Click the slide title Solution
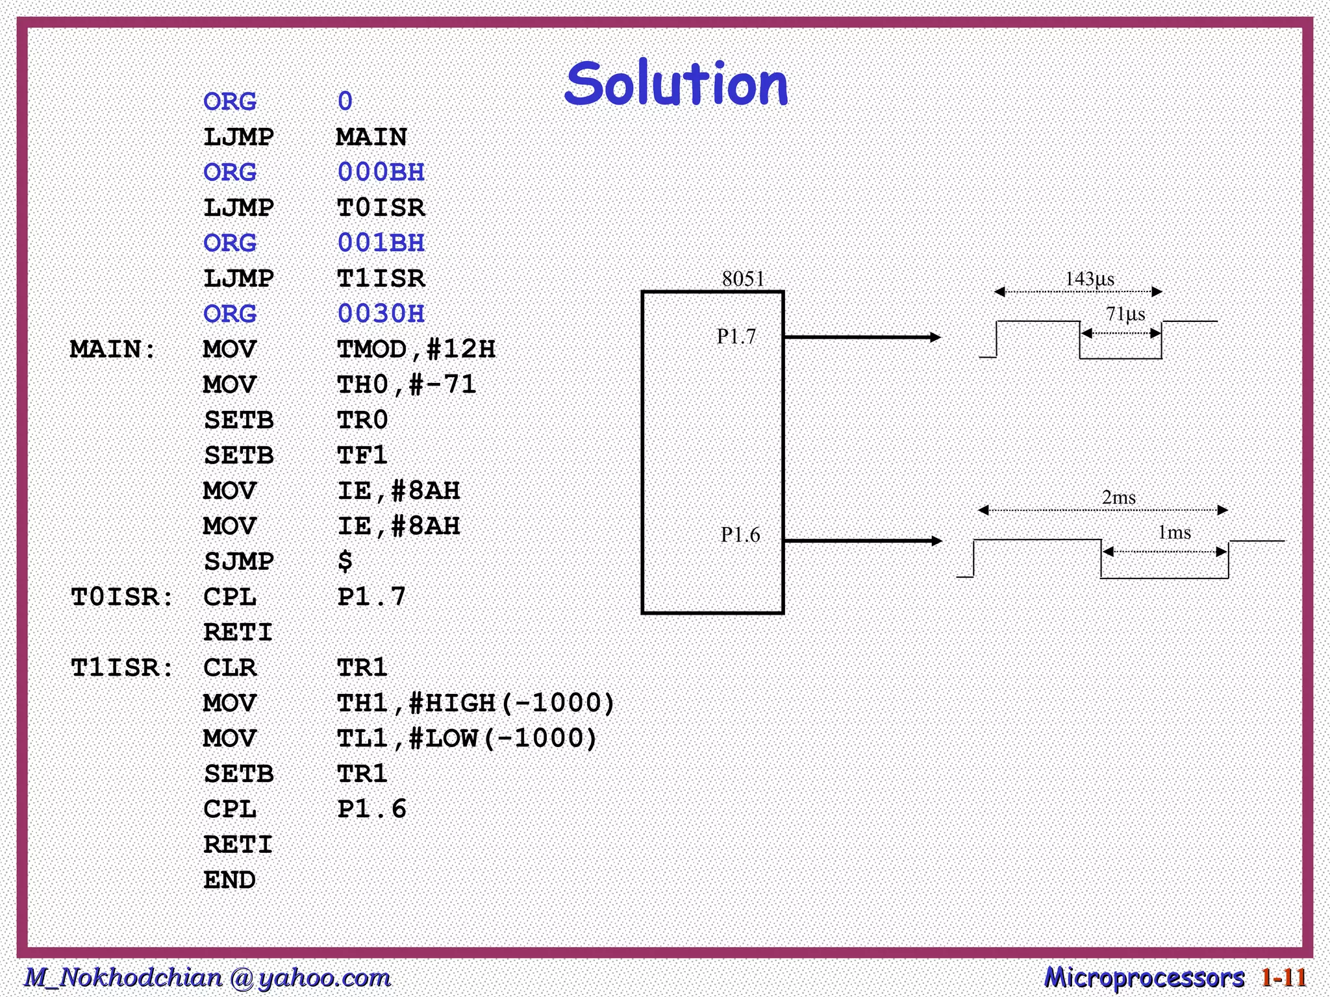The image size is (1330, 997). tap(676, 84)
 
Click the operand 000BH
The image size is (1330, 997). tap(381, 172)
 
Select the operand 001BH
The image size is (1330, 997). tap(381, 243)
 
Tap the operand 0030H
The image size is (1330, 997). tap(381, 314)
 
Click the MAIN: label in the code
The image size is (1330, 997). tap(113, 349)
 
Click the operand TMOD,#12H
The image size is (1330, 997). tap(416, 349)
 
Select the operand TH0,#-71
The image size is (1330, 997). tap(407, 385)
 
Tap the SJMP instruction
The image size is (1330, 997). tap(238, 561)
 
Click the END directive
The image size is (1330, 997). tap(229, 880)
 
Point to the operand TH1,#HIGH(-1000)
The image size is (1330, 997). tap(475, 703)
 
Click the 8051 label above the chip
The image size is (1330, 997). tap(743, 279)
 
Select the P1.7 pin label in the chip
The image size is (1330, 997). tap(736, 336)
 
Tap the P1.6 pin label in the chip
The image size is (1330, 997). tap(740, 535)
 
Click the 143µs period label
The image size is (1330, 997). tap(1090, 279)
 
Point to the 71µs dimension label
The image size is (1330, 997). tap(1125, 314)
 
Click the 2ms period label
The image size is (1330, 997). tap(1118, 498)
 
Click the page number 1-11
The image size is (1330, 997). tap(1283, 978)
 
